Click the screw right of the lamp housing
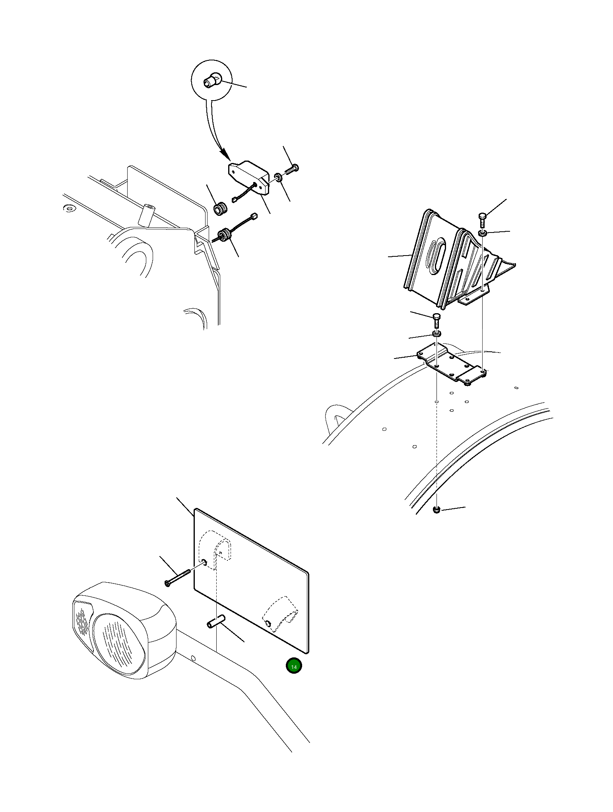pyautogui.click(x=292, y=169)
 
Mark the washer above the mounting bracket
pyautogui.click(x=436, y=334)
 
